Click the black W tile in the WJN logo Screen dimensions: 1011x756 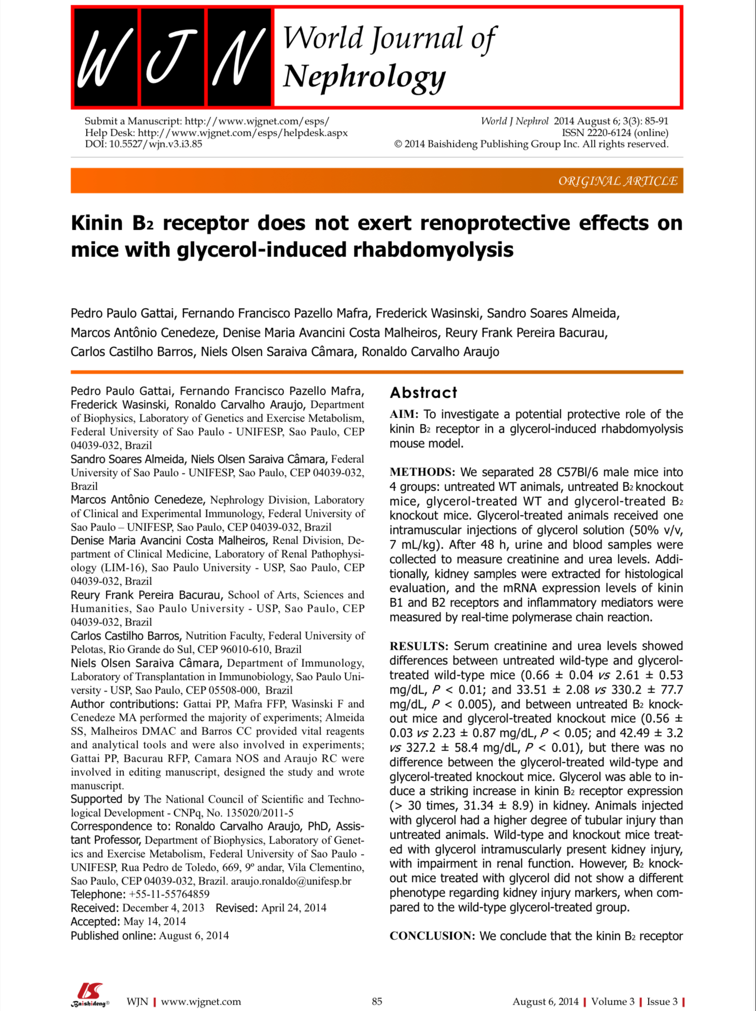[106, 57]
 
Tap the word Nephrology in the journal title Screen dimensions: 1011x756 [364, 77]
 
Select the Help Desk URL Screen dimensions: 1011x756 [243, 133]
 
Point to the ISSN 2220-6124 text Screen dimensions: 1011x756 [615, 133]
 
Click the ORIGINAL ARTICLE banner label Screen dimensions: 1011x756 [617, 181]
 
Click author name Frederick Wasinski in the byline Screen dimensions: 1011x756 [428, 313]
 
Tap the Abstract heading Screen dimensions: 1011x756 [423, 392]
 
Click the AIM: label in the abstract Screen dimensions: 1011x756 [404, 414]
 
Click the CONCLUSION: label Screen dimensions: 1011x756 [432, 936]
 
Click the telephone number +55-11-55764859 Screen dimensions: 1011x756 [169, 894]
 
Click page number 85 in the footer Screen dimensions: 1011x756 [377, 1001]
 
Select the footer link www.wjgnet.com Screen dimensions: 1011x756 [201, 1001]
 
